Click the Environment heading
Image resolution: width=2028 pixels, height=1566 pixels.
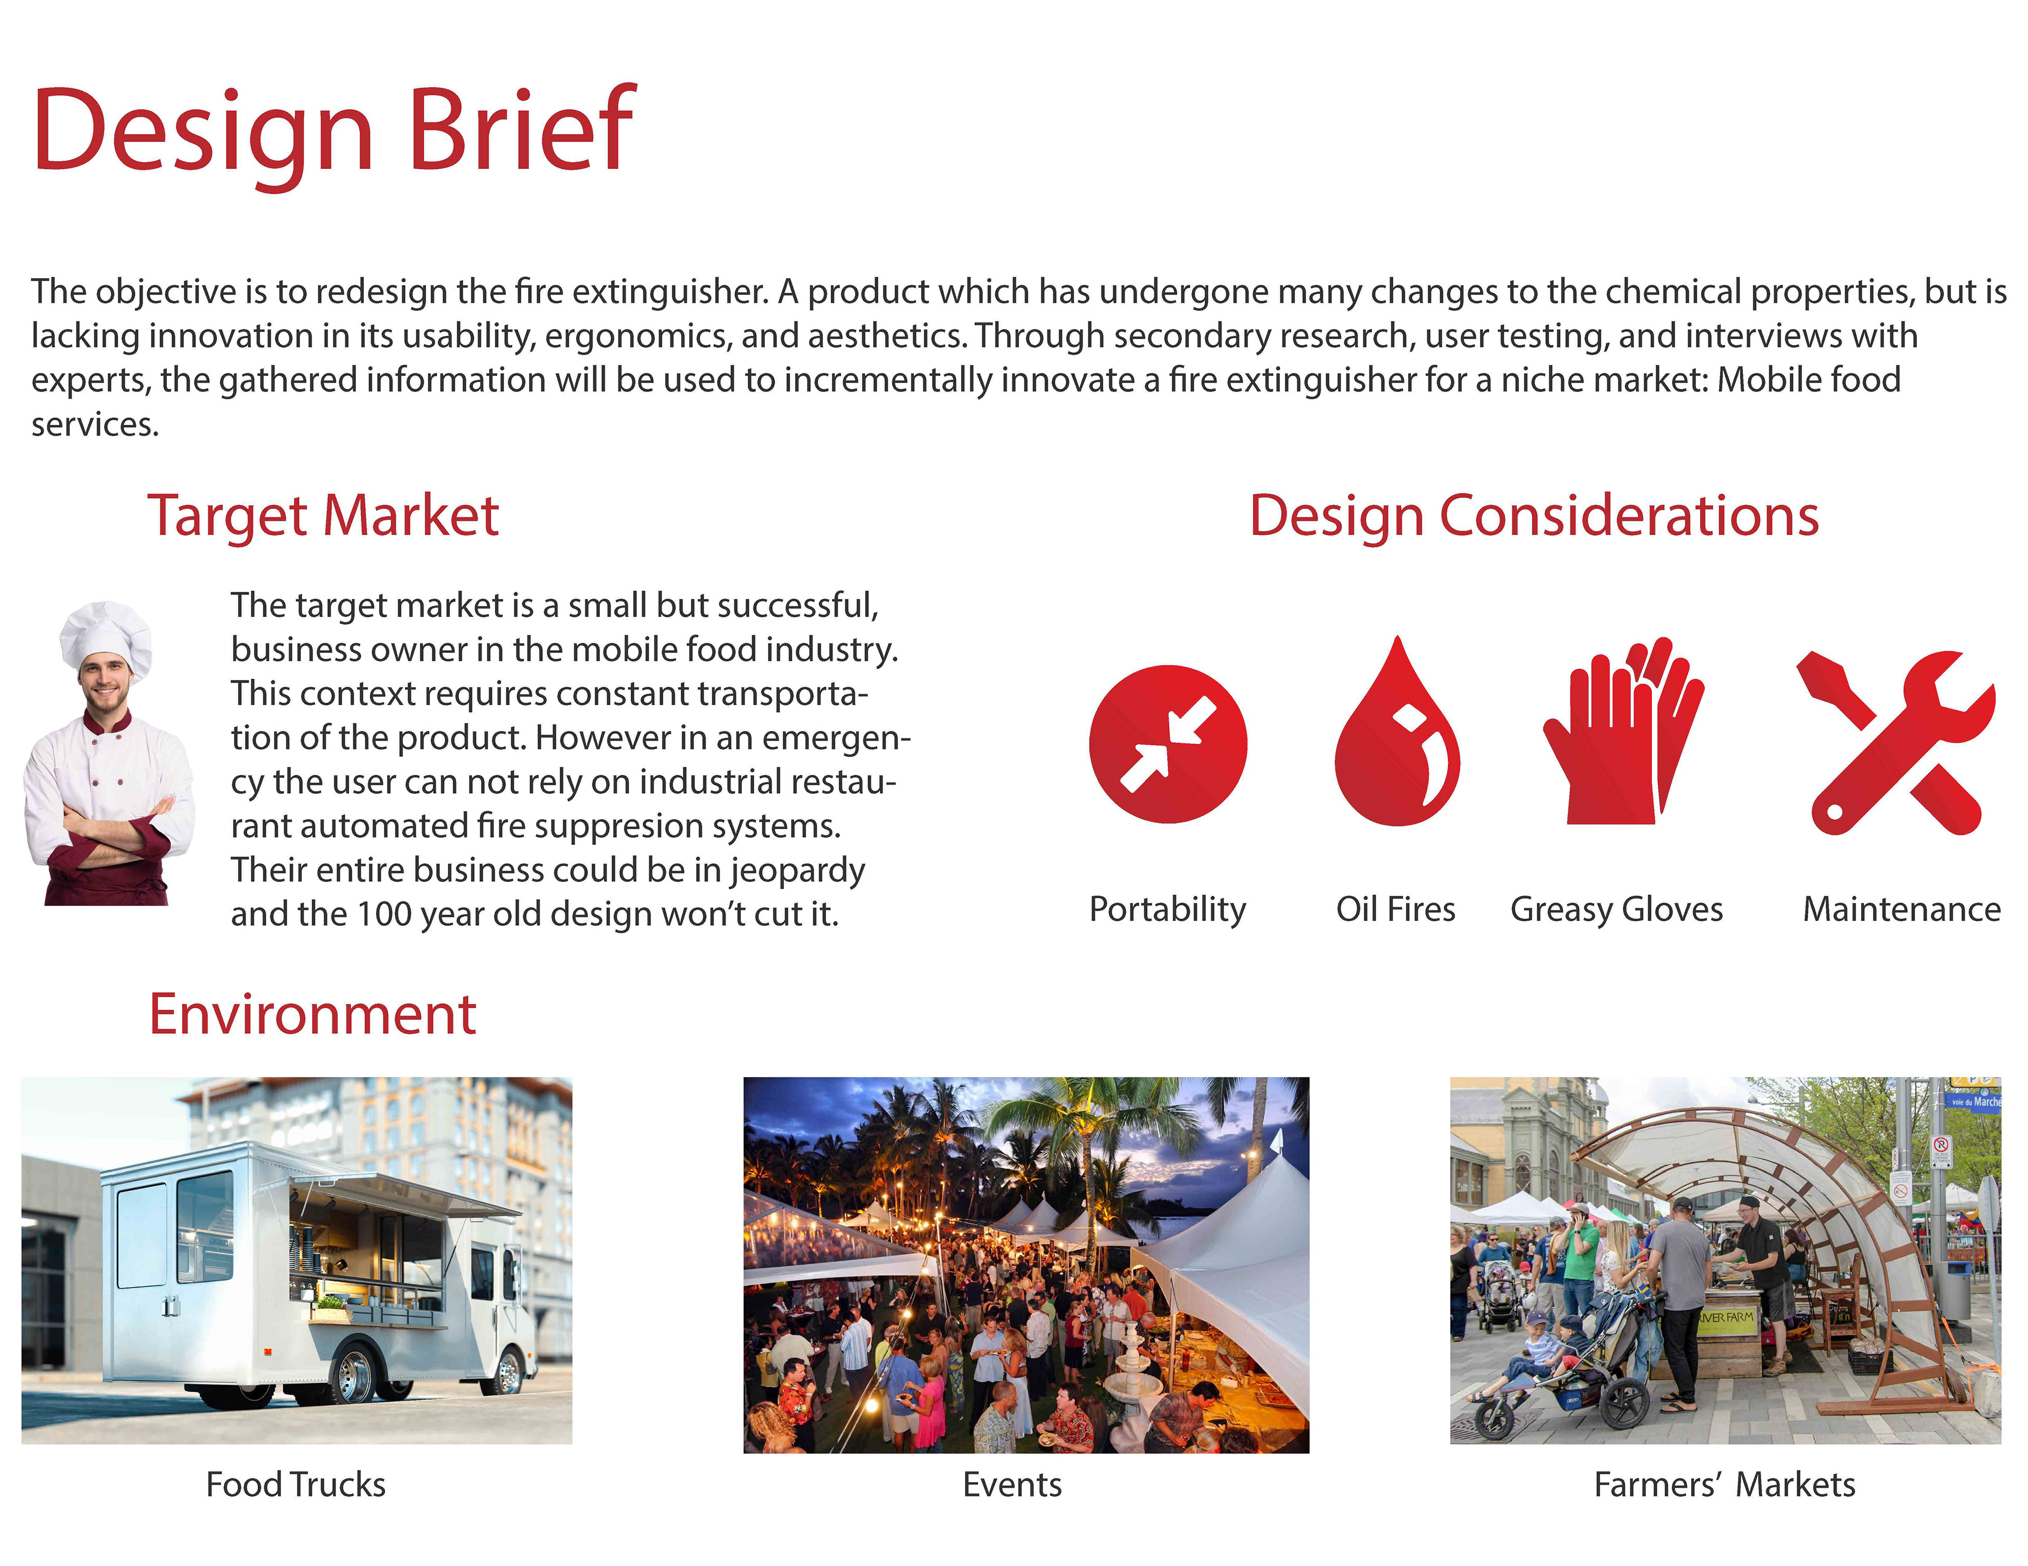[313, 1014]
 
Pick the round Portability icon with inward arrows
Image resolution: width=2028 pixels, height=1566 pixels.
[1168, 745]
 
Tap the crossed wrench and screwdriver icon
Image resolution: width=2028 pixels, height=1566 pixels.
[1896, 743]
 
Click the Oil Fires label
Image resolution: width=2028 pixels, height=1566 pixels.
[1396, 909]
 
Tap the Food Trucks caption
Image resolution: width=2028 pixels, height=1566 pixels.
[295, 1484]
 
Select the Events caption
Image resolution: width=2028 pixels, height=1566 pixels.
[1012, 1484]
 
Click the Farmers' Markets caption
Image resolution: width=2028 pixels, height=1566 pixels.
[1724, 1484]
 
